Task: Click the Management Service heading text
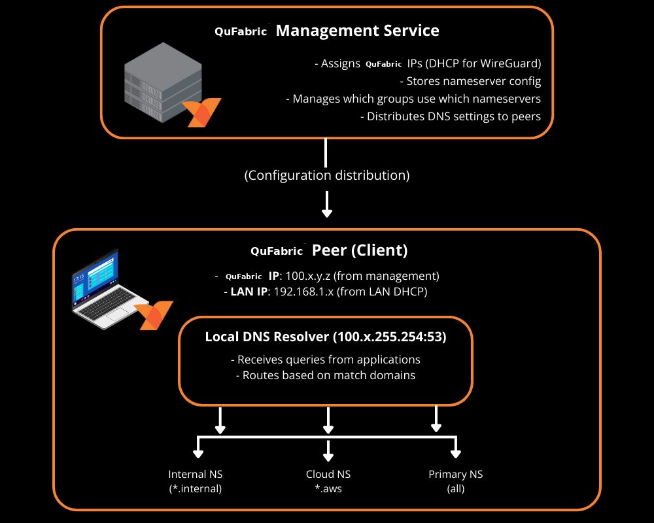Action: pos(357,31)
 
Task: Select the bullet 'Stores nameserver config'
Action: pos(470,82)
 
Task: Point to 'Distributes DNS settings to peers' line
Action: pos(451,117)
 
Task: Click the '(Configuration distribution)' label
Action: pos(327,175)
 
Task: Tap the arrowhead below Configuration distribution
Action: pos(327,212)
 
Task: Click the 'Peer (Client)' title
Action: pos(360,250)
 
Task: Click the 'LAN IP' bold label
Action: pos(249,292)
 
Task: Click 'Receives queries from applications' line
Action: pos(326,360)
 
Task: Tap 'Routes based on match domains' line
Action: pos(326,376)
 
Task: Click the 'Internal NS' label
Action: pos(196,475)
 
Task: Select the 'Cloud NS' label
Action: pos(328,475)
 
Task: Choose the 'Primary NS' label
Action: pos(456,475)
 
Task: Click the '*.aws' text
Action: pos(328,489)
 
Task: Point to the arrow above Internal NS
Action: pos(196,451)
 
